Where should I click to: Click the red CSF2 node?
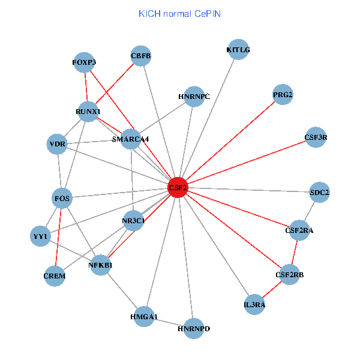[x=178, y=188]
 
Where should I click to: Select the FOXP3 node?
[x=84, y=62]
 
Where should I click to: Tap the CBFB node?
[x=141, y=57]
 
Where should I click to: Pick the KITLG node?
[x=238, y=50]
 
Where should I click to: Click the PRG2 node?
[x=283, y=95]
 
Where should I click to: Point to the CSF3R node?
[x=316, y=137]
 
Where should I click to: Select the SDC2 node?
[x=319, y=193]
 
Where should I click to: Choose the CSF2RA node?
[x=299, y=230]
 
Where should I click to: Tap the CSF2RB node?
[x=290, y=275]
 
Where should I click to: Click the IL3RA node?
[x=254, y=304]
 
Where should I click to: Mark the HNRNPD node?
[x=194, y=328]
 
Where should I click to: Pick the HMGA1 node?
[x=144, y=316]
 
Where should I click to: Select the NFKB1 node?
[x=101, y=265]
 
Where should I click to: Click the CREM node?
[x=55, y=276]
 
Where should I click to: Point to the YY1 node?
[x=40, y=236]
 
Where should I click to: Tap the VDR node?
[x=58, y=145]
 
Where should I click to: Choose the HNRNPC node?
[x=194, y=96]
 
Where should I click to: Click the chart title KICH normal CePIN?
[x=179, y=13]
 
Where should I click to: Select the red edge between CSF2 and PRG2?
[x=230, y=142]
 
